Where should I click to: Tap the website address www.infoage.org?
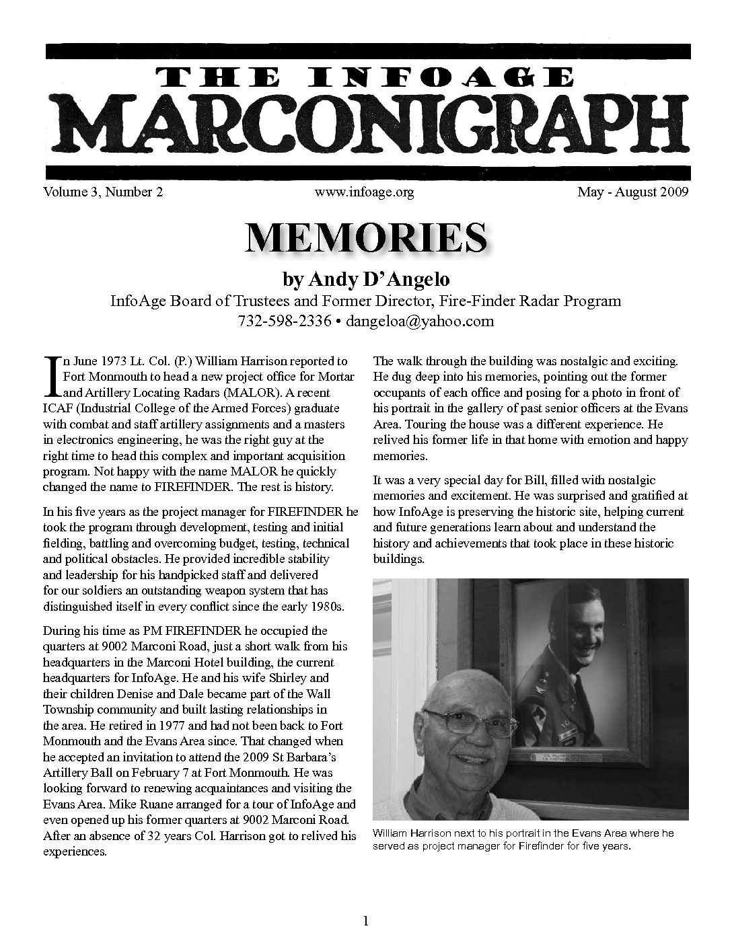pyautogui.click(x=363, y=192)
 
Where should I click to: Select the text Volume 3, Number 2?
pyautogui.click(x=103, y=192)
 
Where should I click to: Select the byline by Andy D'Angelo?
pyautogui.click(x=366, y=279)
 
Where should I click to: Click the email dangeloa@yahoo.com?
pyautogui.click(x=419, y=321)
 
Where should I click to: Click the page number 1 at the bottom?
pyautogui.click(x=366, y=921)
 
